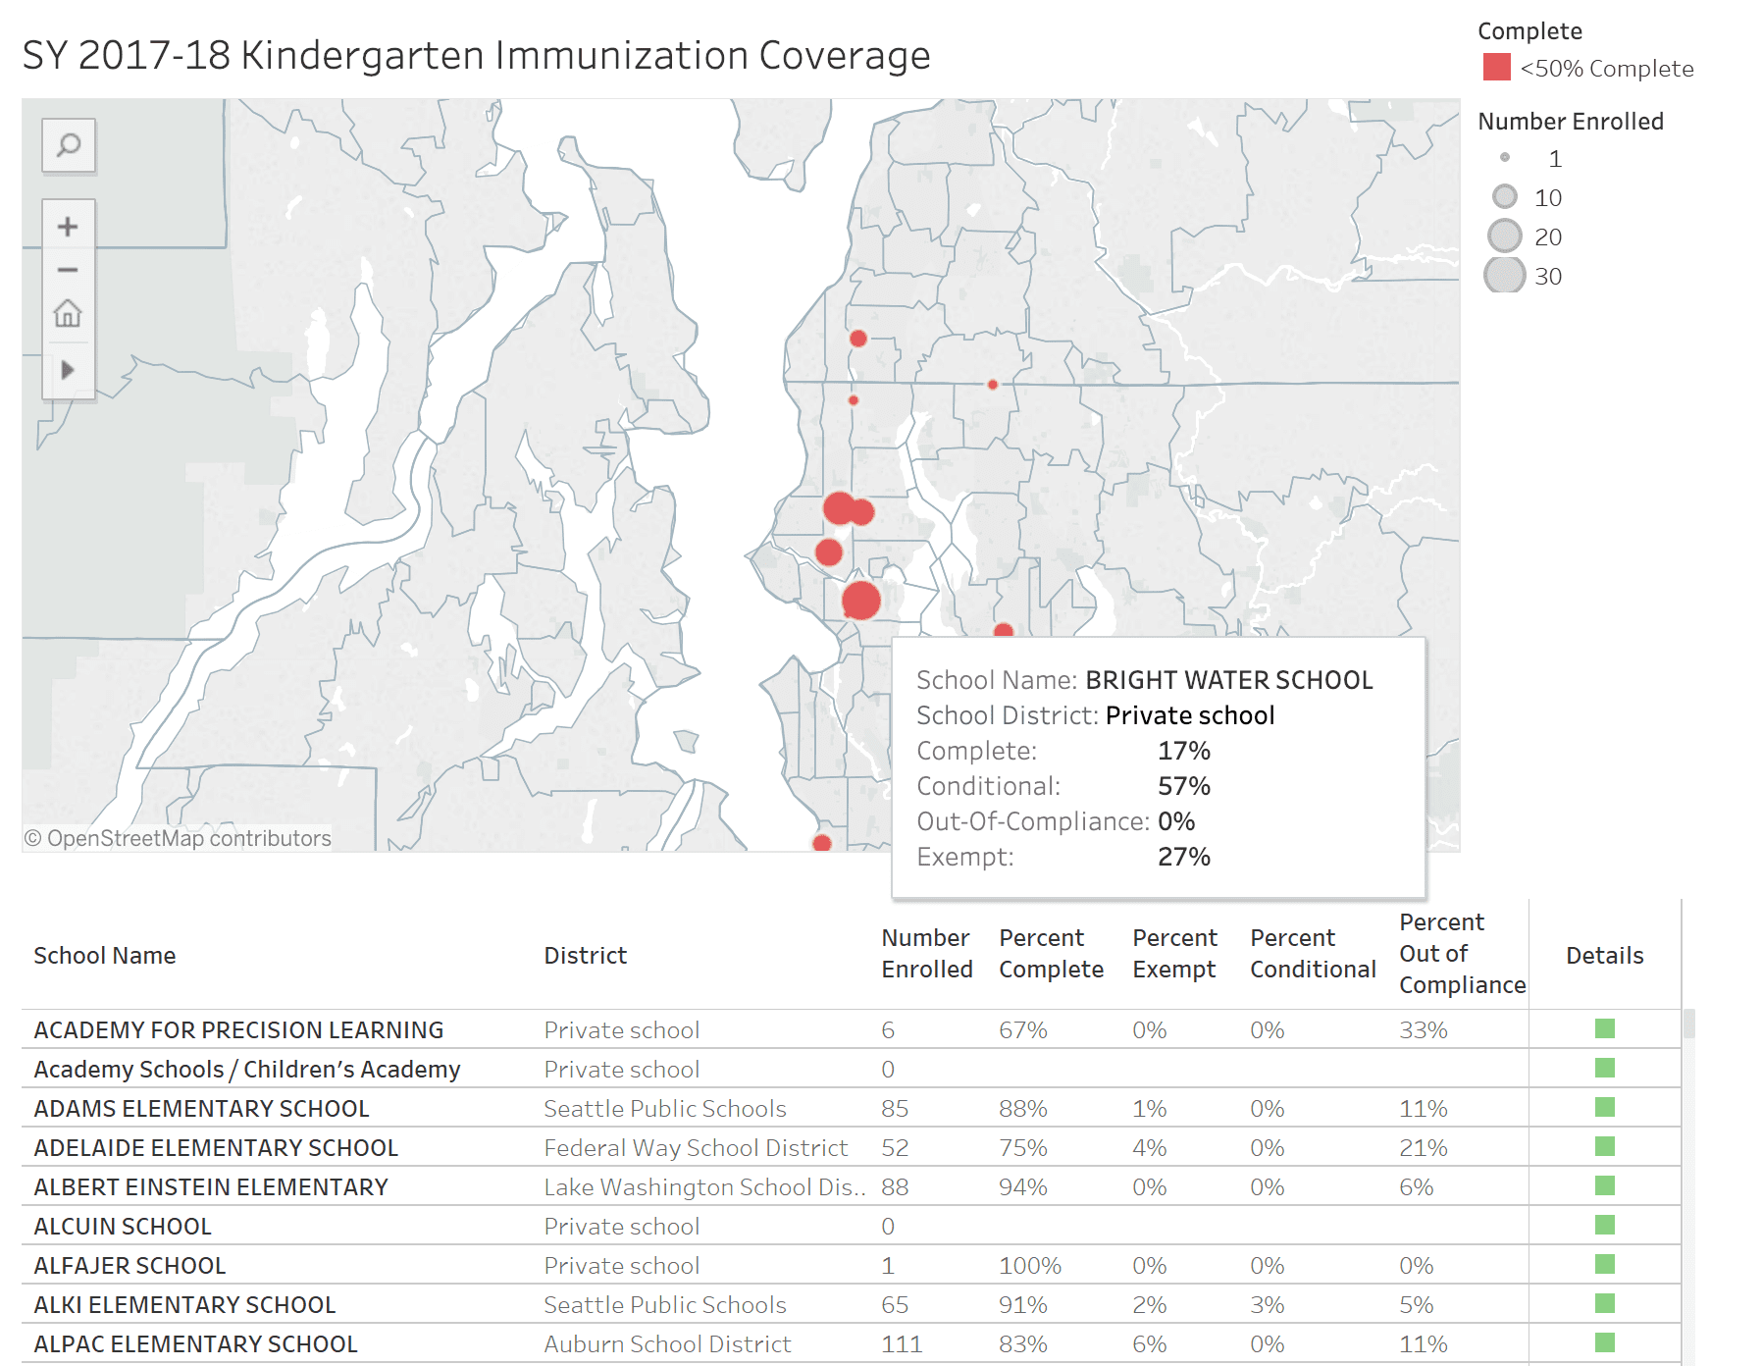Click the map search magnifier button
click(x=68, y=146)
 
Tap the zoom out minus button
click(x=68, y=270)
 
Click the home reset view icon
click(x=68, y=314)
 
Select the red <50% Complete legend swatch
click(x=1496, y=68)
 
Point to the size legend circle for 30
click(x=1504, y=276)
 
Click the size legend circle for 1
click(x=1505, y=158)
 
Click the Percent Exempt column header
click(x=1174, y=954)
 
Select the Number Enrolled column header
click(x=926, y=954)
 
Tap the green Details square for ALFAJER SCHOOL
click(x=1604, y=1264)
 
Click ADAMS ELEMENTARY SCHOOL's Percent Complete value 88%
click(x=1022, y=1109)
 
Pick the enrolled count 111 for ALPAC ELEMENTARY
click(x=901, y=1344)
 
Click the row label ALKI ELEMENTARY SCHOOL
click(x=184, y=1305)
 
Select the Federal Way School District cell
click(x=695, y=1148)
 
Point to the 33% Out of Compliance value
click(x=1423, y=1030)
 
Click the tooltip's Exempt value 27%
click(x=1183, y=857)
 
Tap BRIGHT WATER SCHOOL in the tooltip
click(x=1228, y=680)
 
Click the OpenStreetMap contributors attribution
click(x=178, y=838)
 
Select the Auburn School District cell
click(x=667, y=1344)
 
